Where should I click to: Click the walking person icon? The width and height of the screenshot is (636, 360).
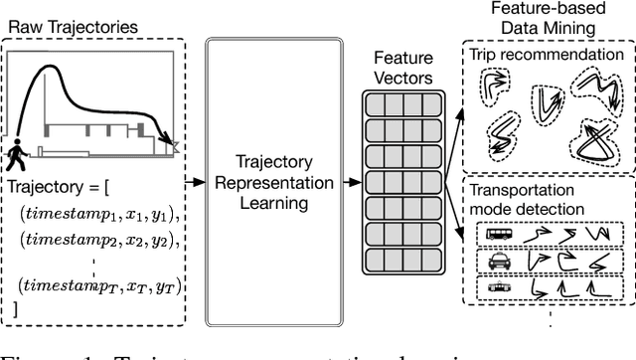18,154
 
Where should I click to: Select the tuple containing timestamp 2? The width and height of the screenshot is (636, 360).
94,242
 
